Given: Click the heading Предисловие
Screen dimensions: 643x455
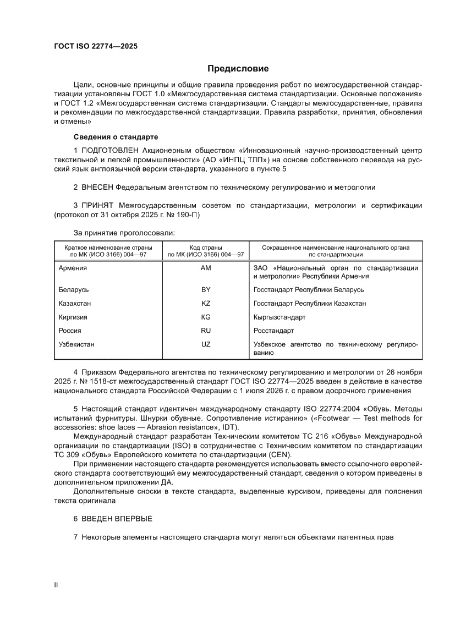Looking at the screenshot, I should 238,69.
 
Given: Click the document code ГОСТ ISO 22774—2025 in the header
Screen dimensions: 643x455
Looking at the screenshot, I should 95,46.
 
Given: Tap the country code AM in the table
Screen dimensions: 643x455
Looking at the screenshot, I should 206,268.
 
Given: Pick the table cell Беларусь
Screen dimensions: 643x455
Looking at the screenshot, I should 74,289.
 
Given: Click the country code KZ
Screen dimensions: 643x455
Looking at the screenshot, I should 206,304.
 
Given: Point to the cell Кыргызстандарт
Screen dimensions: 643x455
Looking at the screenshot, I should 279,317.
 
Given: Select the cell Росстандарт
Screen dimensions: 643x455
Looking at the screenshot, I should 273,331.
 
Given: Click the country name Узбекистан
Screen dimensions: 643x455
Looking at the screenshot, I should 76,344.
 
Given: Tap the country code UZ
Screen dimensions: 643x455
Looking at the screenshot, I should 206,344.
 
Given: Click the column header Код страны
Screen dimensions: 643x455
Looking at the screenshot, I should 206,248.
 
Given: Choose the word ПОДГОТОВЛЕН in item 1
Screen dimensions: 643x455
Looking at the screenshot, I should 108,150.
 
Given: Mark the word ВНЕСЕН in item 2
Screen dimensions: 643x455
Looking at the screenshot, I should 98,187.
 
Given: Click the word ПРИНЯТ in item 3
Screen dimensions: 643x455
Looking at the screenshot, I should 98,205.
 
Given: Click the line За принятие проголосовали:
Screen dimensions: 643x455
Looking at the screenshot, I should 124,233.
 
